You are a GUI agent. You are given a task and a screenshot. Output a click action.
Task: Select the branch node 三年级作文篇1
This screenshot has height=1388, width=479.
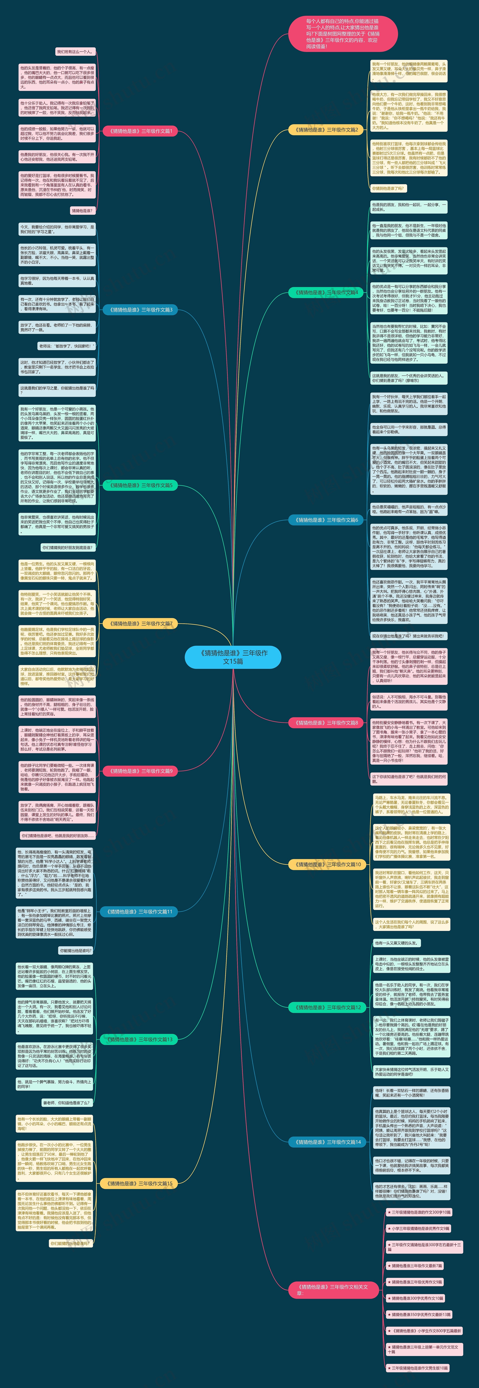point(140,131)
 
